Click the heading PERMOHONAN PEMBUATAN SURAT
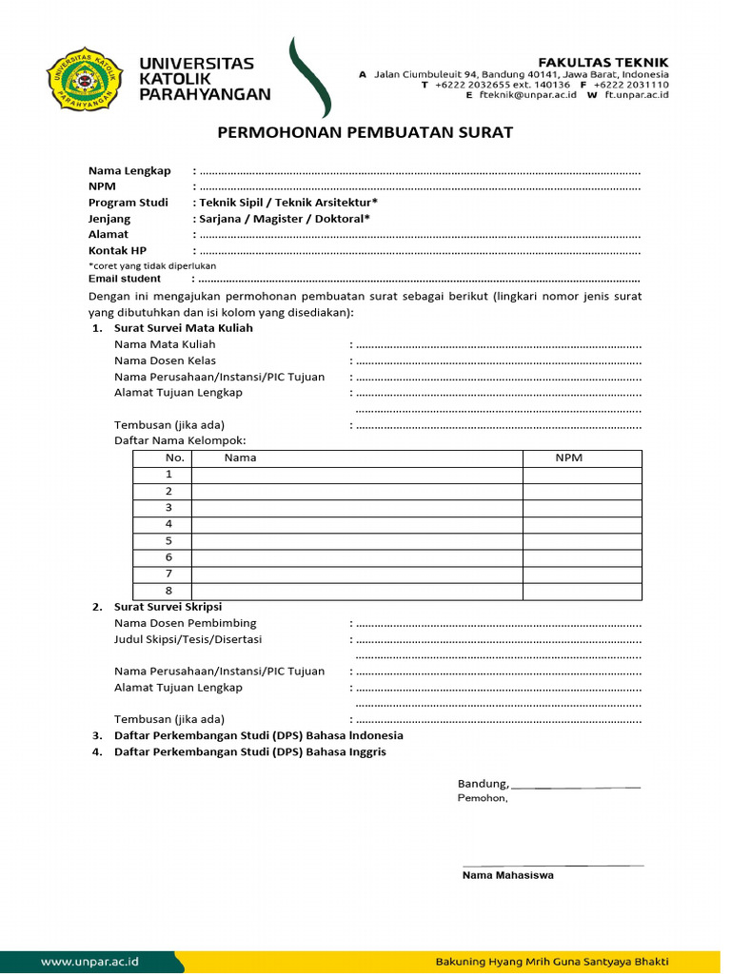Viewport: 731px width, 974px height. coord(365,132)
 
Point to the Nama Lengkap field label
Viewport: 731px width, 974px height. coord(129,170)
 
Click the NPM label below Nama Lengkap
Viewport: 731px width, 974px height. coord(102,186)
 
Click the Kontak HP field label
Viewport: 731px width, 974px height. coord(117,250)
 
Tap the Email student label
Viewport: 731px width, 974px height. coord(125,279)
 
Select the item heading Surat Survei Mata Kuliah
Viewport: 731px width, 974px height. coord(184,328)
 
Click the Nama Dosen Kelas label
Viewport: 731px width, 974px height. coord(165,360)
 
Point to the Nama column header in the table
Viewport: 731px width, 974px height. coord(241,458)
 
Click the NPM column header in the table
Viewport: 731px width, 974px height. coord(569,458)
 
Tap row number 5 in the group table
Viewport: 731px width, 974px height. coord(168,540)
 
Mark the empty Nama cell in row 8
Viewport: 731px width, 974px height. coord(357,590)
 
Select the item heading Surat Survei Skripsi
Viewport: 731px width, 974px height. coord(168,607)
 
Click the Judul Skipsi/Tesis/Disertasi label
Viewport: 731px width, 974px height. coord(188,639)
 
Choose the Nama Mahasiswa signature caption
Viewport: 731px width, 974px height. coord(507,875)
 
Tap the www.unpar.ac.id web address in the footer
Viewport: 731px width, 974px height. coord(90,962)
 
